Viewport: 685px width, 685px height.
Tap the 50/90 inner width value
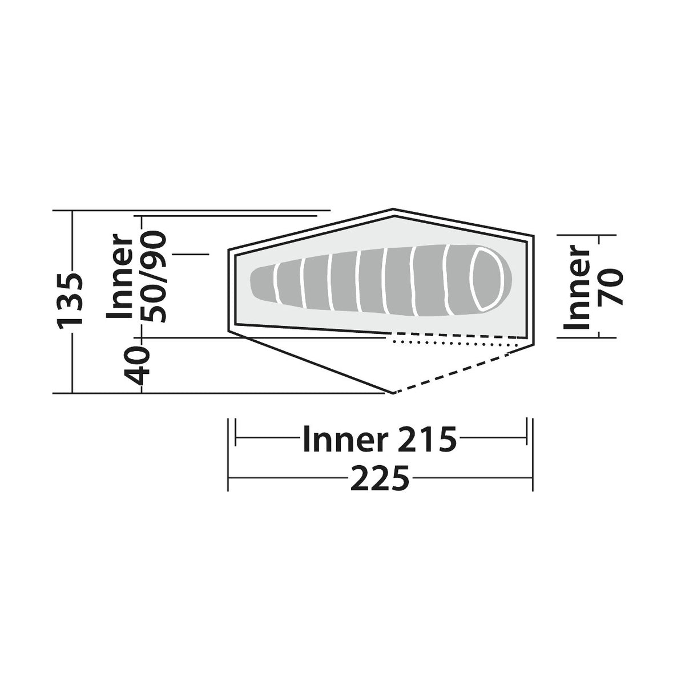coord(154,277)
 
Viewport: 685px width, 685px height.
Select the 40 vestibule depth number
coord(137,366)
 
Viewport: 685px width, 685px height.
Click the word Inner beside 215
coord(344,440)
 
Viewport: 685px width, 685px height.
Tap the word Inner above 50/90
coord(120,276)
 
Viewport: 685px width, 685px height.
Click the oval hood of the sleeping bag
coord(486,279)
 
